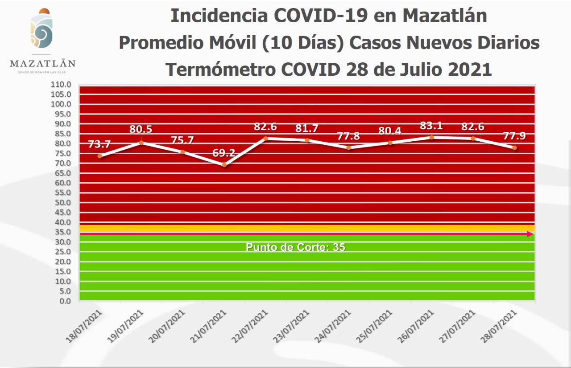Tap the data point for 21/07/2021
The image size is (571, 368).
(x=224, y=165)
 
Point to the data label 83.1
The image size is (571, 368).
(x=431, y=126)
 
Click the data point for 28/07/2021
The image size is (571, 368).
(x=514, y=147)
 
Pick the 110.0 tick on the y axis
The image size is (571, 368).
(x=62, y=84)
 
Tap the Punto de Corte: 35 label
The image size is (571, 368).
(x=295, y=247)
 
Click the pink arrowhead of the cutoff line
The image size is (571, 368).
(x=530, y=234)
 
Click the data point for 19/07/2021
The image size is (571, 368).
(x=141, y=143)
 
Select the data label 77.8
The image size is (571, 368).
(x=348, y=136)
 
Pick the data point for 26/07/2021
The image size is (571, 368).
(x=431, y=137)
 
